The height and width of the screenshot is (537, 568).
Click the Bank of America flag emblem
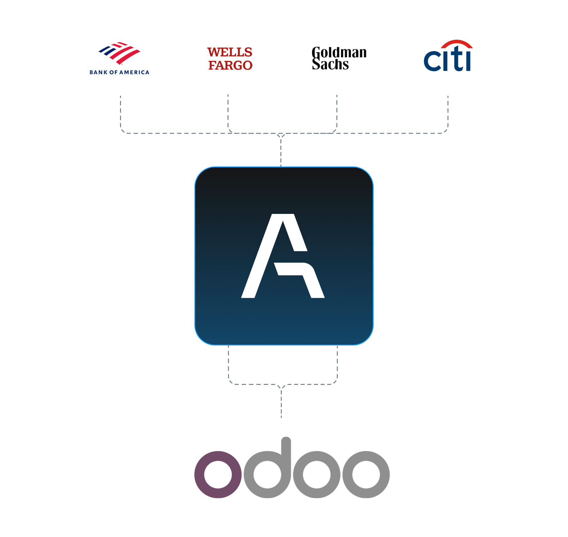click(119, 53)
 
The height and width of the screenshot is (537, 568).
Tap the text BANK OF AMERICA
click(119, 72)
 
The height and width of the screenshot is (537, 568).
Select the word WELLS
click(230, 53)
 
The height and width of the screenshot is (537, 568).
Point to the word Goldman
click(339, 53)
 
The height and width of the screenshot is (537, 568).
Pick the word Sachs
click(330, 65)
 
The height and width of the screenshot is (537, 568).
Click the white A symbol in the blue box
click(283, 256)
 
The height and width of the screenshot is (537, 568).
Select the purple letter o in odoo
click(218, 474)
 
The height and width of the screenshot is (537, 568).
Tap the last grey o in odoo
click(366, 474)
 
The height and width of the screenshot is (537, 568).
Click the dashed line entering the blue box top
click(281, 152)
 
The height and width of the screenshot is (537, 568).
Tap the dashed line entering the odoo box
click(281, 403)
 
